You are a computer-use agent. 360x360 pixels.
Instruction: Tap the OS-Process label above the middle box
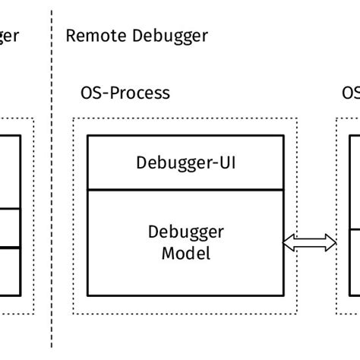tap(125, 93)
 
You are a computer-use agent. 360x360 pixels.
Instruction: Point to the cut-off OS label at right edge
tap(350, 93)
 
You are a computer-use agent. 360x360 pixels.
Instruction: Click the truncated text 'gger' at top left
tap(8, 36)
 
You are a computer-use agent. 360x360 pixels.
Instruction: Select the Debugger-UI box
tap(186, 163)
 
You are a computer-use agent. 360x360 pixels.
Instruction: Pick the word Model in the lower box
tap(186, 253)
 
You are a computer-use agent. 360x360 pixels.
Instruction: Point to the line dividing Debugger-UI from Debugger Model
tap(186, 190)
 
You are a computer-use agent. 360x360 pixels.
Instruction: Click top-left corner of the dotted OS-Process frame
tap(73, 118)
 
